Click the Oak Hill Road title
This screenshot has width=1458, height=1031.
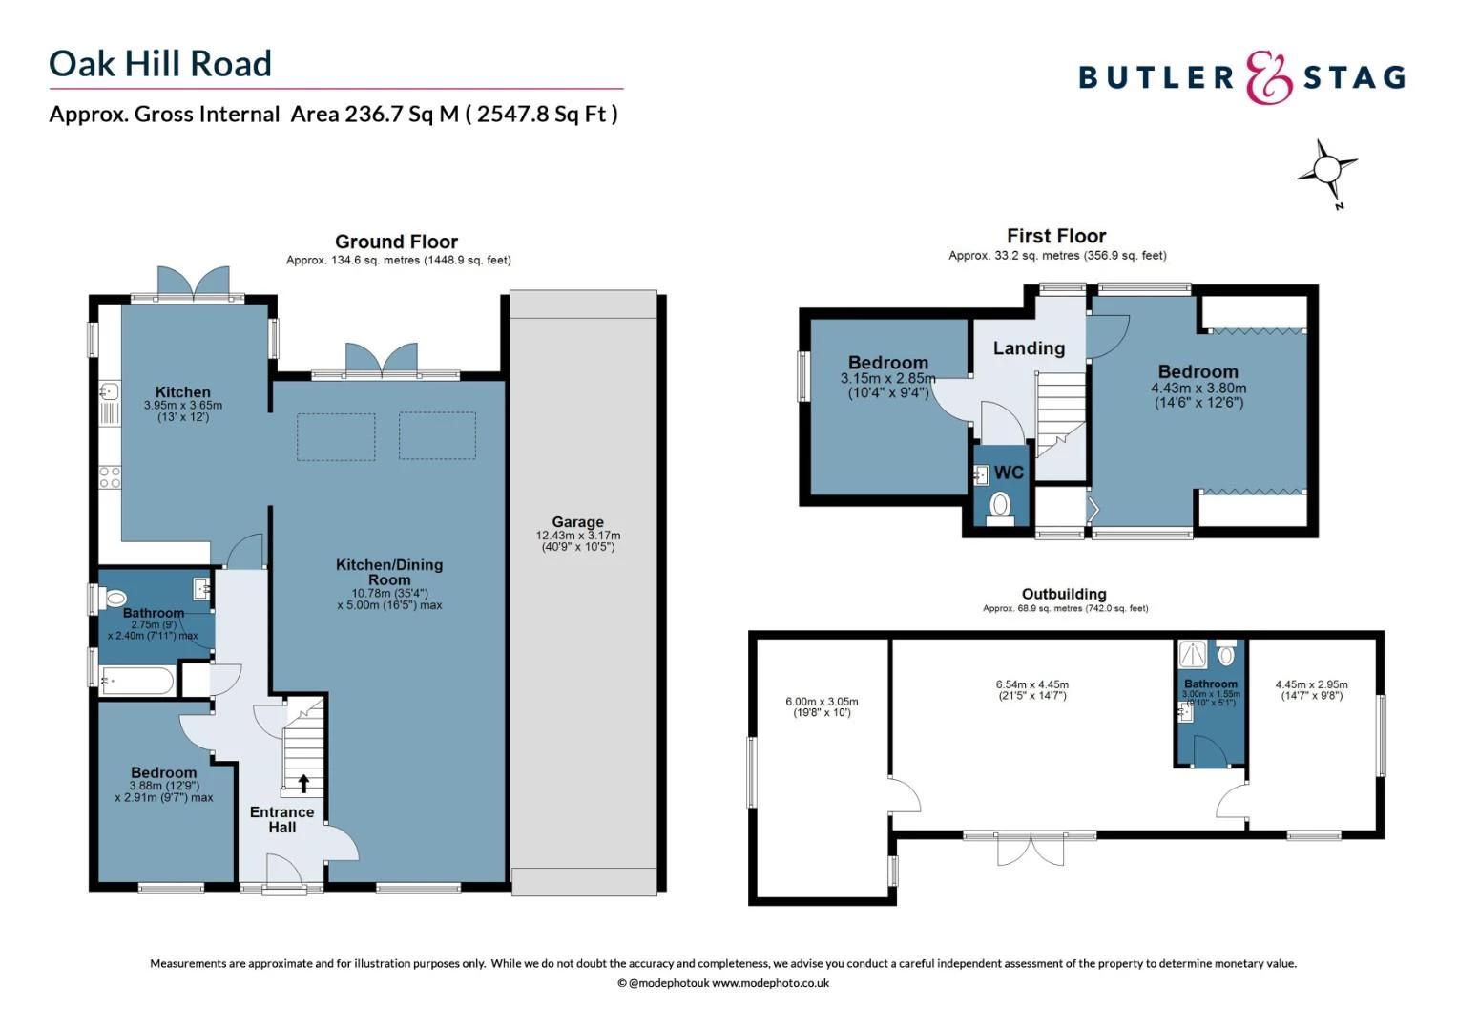(160, 64)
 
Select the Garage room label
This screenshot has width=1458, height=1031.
(577, 522)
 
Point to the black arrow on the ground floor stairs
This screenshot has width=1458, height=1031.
(303, 784)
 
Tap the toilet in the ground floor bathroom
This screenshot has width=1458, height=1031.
(115, 599)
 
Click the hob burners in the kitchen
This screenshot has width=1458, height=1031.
(110, 477)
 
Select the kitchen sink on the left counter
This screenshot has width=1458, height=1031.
(108, 391)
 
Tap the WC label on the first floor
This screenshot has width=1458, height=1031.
(1009, 473)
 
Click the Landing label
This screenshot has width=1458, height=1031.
(1029, 348)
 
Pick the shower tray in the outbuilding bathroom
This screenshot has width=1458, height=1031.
(1193, 654)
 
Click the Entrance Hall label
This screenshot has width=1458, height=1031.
(281, 820)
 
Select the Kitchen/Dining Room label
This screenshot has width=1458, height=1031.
(389, 572)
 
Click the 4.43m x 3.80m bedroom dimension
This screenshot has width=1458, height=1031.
(1198, 389)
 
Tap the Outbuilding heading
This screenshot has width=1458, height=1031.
(1064, 594)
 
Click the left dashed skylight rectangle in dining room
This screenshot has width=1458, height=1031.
(336, 436)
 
